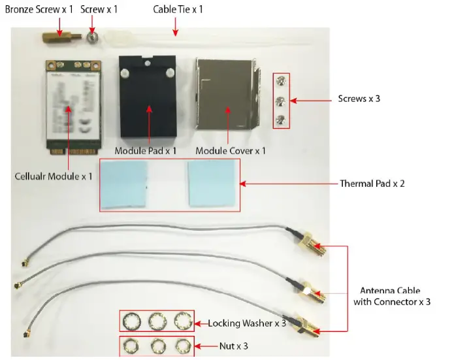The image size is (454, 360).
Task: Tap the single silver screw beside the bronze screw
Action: pyautogui.click(x=93, y=39)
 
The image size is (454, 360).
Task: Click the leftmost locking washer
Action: pyautogui.click(x=130, y=321)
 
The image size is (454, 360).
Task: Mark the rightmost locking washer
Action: pyautogui.click(x=181, y=321)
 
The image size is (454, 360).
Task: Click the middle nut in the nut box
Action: pyautogui.click(x=155, y=346)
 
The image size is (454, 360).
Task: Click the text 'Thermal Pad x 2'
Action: pyautogui.click(x=372, y=184)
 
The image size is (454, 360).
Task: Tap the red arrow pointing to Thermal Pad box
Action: pyautogui.click(x=287, y=184)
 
